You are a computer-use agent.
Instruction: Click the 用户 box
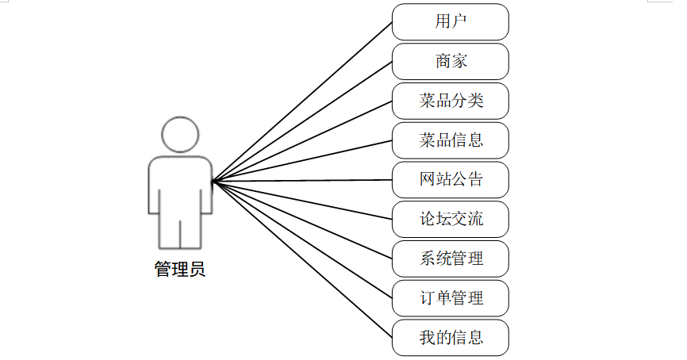450,21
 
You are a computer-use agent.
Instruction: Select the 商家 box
450,61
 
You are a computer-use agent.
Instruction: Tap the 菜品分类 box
450,101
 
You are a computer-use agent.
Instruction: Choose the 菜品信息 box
450,140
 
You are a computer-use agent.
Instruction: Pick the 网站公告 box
450,180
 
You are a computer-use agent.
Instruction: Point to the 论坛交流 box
450,220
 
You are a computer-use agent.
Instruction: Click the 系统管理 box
450,259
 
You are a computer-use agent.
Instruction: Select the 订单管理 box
450,299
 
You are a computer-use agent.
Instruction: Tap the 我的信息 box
450,339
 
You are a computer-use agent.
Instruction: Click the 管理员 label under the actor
180,270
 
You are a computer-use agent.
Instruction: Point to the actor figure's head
180,134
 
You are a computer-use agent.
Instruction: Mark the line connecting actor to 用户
302,101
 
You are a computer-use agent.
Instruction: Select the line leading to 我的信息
302,261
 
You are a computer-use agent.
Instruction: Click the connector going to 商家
302,121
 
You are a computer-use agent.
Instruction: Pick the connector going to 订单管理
302,240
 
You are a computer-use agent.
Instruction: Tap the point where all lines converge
213,182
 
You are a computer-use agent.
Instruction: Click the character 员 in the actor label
198,270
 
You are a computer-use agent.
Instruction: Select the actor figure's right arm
206,190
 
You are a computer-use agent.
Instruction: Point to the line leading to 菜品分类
302,141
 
